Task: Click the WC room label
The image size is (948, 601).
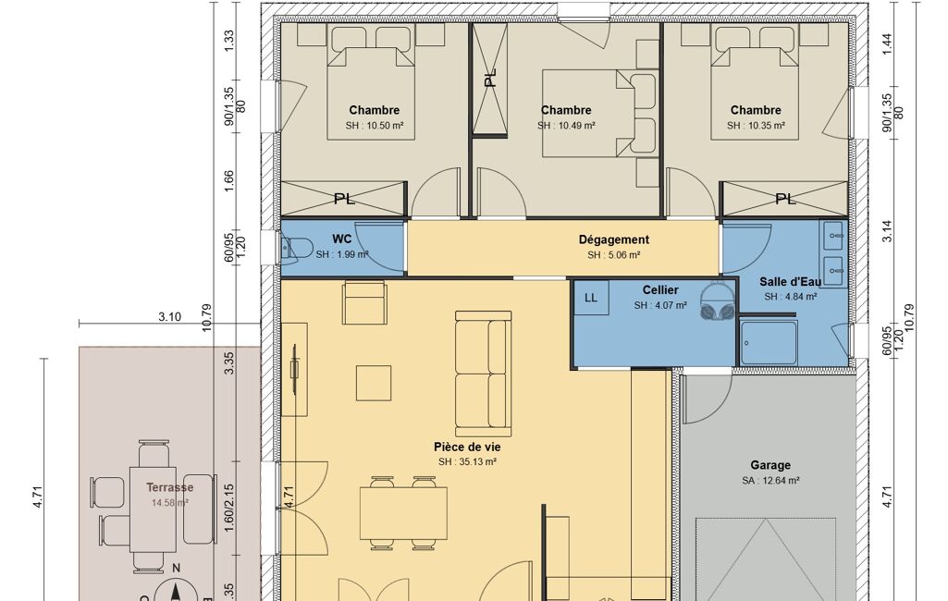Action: click(341, 239)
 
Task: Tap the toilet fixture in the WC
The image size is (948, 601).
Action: click(297, 248)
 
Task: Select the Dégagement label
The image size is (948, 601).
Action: click(614, 240)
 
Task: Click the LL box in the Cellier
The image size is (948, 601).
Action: click(591, 298)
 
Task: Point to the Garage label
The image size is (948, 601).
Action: click(770, 465)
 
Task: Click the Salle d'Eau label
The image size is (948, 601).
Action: click(790, 282)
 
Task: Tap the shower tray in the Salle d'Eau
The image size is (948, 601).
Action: click(768, 343)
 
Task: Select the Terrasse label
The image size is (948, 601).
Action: click(170, 487)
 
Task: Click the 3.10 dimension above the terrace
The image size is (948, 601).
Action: click(170, 317)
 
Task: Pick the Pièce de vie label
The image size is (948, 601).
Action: click(467, 448)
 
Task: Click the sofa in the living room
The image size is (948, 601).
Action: click(483, 374)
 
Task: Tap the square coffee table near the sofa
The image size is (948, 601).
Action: click(373, 383)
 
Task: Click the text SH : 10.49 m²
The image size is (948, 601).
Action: click(567, 126)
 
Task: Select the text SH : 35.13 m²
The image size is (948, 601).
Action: click(467, 462)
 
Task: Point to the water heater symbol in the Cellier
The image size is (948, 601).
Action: click(717, 300)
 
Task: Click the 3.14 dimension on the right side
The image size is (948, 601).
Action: click(887, 230)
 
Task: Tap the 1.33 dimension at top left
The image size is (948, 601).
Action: click(229, 41)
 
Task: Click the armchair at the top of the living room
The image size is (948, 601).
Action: click(364, 302)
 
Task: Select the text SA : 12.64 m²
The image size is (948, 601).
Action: click(770, 481)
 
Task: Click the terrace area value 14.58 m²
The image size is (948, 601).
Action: click(170, 502)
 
